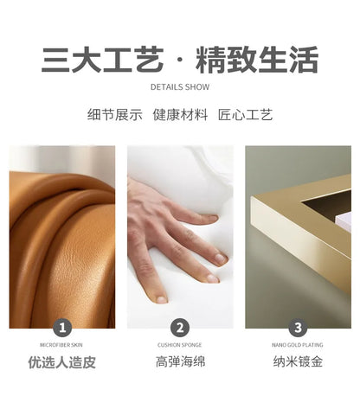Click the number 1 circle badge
[x=62, y=328]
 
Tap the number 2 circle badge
[x=180, y=328]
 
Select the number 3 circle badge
[x=298, y=328]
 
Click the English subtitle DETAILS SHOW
[x=180, y=87]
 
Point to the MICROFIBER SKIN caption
[x=61, y=345]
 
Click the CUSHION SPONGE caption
[x=179, y=345]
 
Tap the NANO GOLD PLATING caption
[x=298, y=345]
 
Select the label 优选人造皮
[x=61, y=362]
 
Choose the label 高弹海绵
[x=180, y=361]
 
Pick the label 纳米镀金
[x=298, y=361]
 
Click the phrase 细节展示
[x=115, y=114]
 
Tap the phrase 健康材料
[x=180, y=114]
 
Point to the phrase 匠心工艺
[x=246, y=114]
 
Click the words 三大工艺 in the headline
[x=102, y=60]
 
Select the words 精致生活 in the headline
[x=257, y=60]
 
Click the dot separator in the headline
[x=179, y=60]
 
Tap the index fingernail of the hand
[x=214, y=218]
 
